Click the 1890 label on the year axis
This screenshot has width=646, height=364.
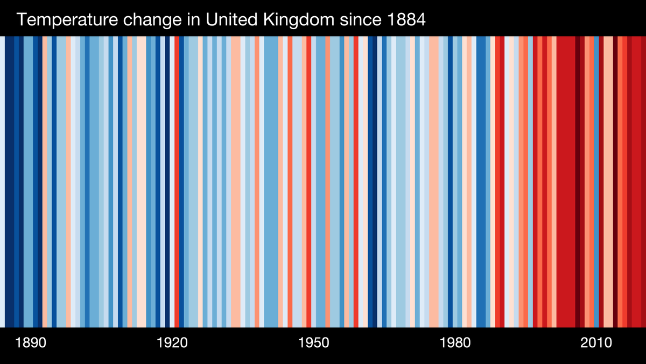tap(31, 344)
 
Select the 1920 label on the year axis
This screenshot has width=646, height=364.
tap(172, 344)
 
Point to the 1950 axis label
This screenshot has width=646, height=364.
tap(313, 344)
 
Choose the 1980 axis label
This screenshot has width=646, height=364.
tap(455, 344)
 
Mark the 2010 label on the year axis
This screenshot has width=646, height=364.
tap(596, 344)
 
